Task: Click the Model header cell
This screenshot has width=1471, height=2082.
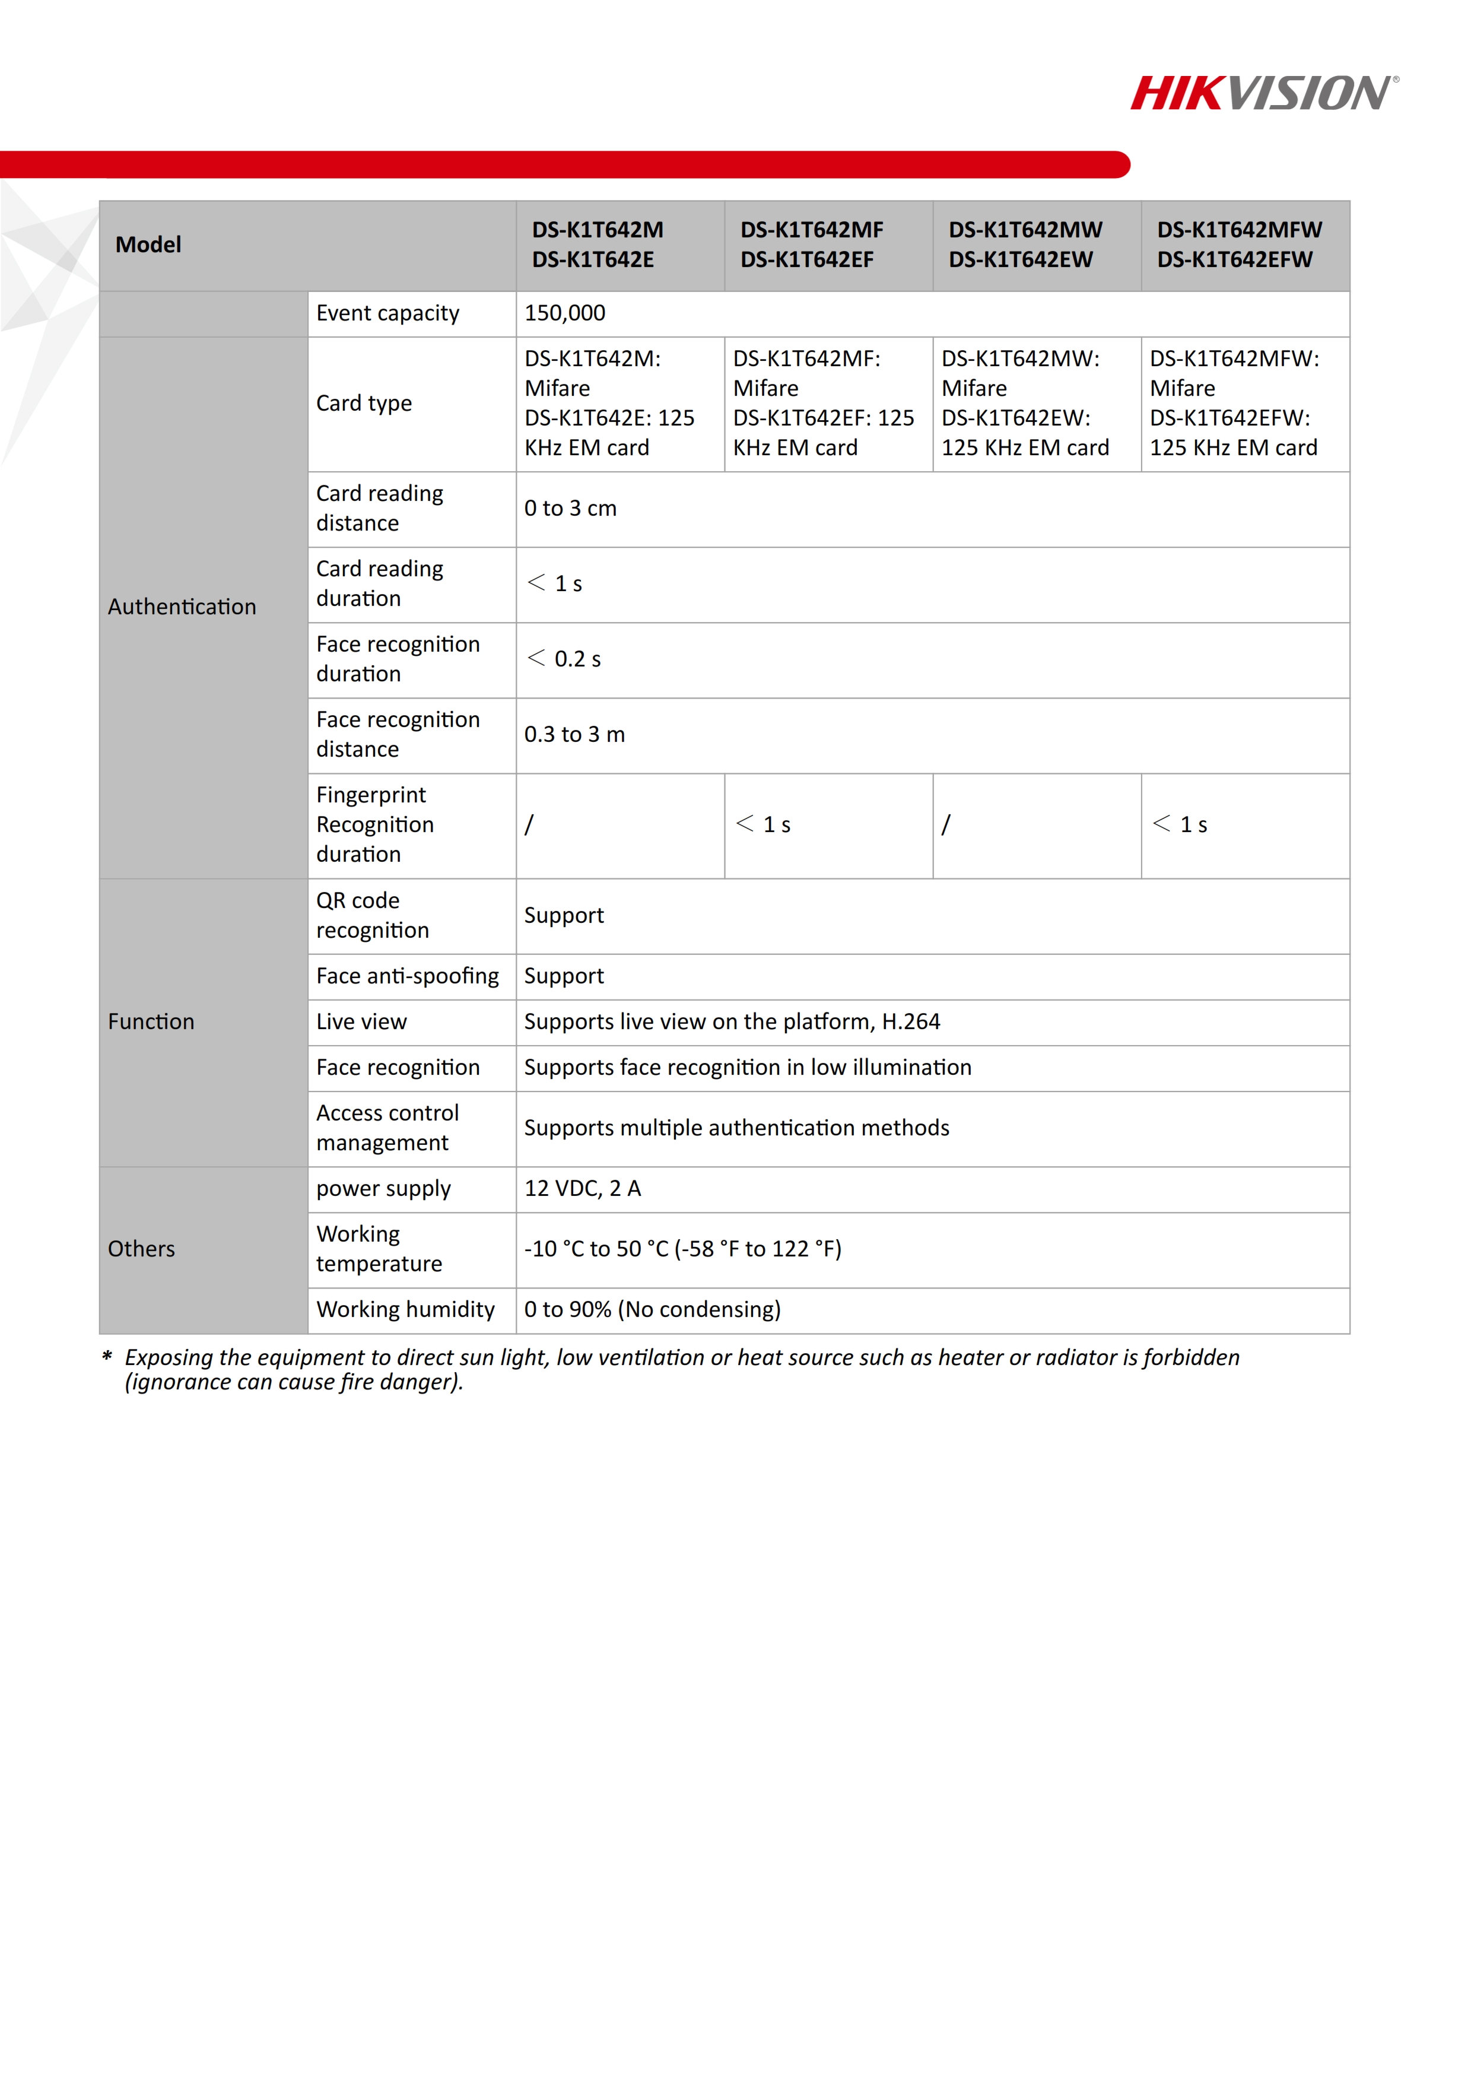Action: (x=148, y=245)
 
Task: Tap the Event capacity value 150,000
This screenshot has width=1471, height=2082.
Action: (x=565, y=314)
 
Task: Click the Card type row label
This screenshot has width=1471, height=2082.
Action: (x=363, y=404)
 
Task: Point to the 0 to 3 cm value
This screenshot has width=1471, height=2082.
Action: (x=570, y=509)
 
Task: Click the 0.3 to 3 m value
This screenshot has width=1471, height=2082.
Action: (x=574, y=735)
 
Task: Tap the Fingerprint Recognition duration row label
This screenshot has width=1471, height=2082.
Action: (x=374, y=824)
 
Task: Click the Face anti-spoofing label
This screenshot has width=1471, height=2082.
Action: (x=407, y=977)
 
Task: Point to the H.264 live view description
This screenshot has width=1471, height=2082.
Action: (x=732, y=1022)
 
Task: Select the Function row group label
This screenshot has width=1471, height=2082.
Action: (x=151, y=1022)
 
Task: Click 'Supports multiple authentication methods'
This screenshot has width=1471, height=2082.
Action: (x=736, y=1128)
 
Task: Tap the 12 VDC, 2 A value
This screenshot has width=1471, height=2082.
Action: (x=582, y=1189)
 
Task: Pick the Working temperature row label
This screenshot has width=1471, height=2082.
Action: (x=379, y=1249)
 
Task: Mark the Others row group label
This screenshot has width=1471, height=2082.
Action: (x=141, y=1249)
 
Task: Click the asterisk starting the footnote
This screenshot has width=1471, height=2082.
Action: (x=107, y=1357)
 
